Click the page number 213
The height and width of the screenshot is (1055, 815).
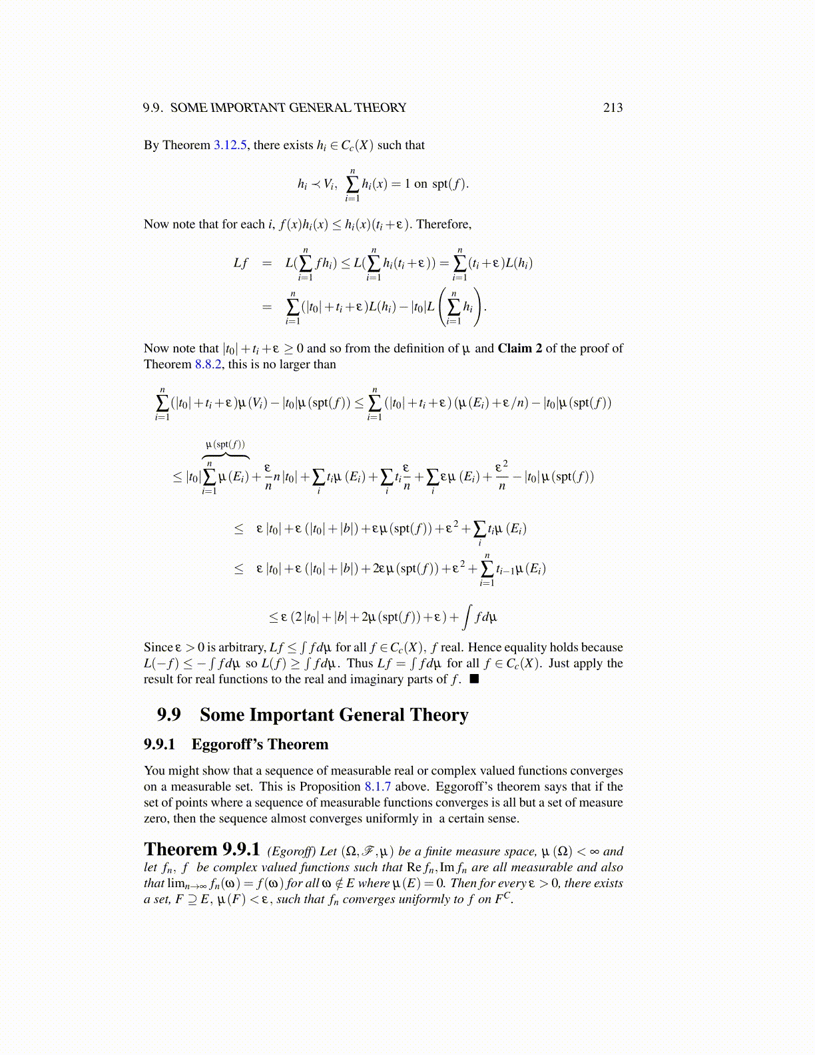tap(613, 108)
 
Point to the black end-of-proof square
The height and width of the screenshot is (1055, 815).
tap(474, 679)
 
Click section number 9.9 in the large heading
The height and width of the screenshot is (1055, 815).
tap(168, 715)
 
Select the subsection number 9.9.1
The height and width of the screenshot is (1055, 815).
tap(159, 745)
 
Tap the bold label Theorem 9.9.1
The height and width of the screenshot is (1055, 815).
tap(201, 850)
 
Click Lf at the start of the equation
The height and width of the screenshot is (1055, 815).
tap(240, 263)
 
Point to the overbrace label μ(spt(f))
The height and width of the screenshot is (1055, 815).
tap(225, 444)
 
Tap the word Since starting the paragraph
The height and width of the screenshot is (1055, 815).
tap(158, 647)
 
